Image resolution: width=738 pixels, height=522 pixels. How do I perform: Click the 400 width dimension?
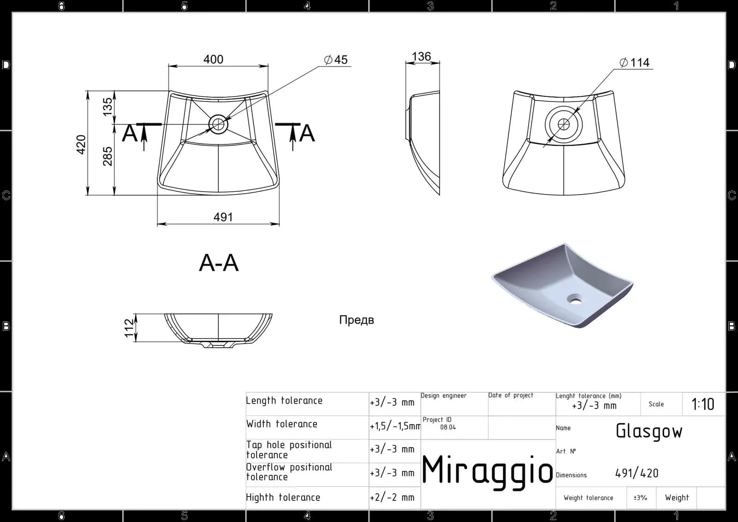213,59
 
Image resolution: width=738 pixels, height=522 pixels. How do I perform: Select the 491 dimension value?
223,217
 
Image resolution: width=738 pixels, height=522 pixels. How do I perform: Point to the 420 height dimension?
81,144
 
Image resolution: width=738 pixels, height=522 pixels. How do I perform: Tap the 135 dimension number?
107,107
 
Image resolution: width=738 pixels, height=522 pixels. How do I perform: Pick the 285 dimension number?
107,156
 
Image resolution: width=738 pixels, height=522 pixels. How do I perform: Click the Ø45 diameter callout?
336,59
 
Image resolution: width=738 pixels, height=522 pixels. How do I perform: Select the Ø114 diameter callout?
634,62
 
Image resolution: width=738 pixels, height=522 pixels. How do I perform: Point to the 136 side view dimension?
421,56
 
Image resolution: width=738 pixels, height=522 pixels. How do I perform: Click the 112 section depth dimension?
129,328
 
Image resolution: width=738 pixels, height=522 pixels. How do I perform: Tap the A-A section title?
219,263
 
